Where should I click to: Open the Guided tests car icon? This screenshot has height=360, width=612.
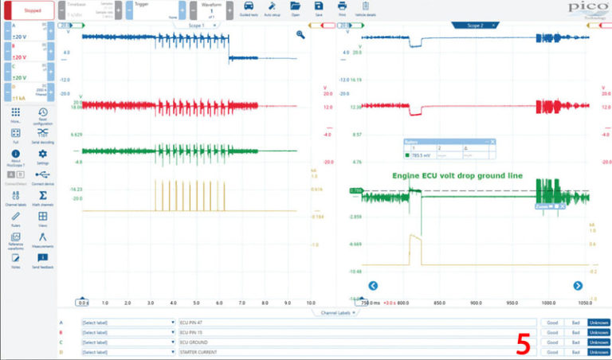click(x=248, y=8)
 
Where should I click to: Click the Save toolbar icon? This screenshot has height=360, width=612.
click(x=319, y=8)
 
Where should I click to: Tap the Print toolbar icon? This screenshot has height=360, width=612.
click(x=342, y=8)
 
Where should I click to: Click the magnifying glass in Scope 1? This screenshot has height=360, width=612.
click(x=300, y=35)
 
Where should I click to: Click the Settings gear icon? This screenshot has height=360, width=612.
click(x=42, y=154)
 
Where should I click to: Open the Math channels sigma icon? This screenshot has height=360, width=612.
click(x=42, y=195)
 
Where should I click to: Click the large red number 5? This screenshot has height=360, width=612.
click(x=524, y=343)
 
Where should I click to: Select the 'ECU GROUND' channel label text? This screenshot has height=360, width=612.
click(x=196, y=342)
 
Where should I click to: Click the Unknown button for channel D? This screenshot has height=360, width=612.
click(x=598, y=351)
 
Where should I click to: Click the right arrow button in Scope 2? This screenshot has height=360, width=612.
click(x=579, y=285)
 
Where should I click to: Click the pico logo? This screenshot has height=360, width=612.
click(x=588, y=7)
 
